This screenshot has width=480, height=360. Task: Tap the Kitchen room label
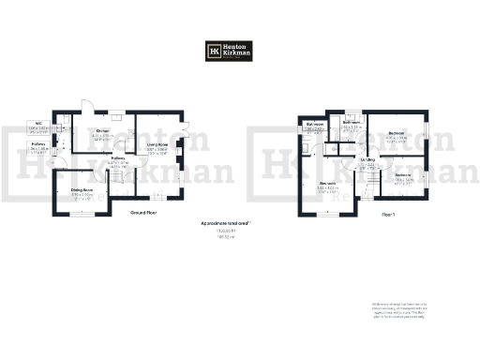click(x=104, y=134)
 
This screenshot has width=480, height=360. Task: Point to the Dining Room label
click(x=82, y=194)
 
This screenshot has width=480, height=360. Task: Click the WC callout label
click(x=40, y=126)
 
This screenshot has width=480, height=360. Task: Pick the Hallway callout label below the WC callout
click(x=40, y=146)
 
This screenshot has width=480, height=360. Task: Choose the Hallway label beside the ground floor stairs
click(x=119, y=161)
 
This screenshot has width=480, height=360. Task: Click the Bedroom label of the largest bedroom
click(x=327, y=185)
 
